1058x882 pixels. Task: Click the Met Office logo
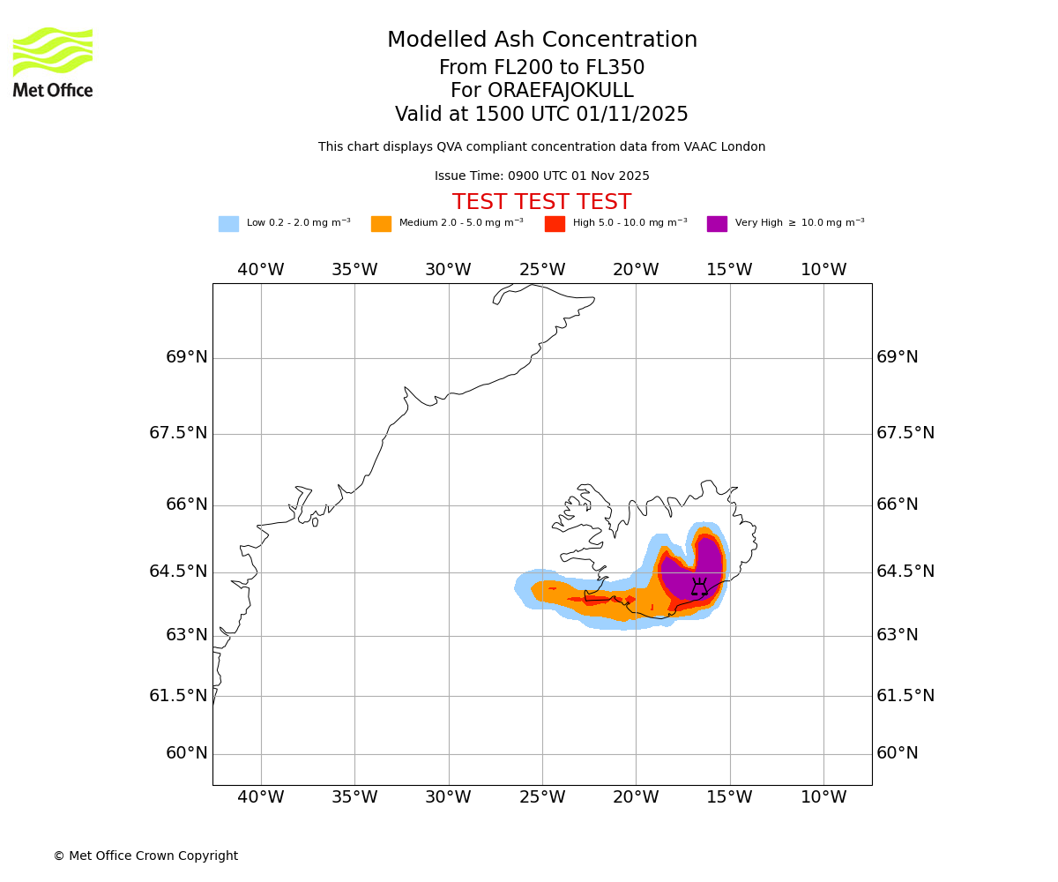pos(53,62)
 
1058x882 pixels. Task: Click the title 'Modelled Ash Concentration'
pos(541,41)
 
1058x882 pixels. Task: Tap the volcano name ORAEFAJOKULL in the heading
pos(541,91)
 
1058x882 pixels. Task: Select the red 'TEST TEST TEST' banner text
pos(541,202)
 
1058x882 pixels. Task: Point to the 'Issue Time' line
pos(541,176)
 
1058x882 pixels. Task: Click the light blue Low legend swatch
pos(228,224)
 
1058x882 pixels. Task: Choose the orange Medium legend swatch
pos(381,224)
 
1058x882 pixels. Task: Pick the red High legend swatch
pos(555,224)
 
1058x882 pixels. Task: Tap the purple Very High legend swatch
pos(717,224)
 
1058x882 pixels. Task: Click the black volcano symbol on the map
pos(699,588)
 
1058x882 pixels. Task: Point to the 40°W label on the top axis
pos(261,270)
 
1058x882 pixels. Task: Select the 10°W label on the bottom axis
pos(823,797)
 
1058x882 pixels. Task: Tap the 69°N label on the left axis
pos(186,357)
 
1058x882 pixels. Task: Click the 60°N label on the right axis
pos(897,753)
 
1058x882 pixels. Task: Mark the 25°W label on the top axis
pos(542,270)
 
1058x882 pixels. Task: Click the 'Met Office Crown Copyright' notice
pos(145,856)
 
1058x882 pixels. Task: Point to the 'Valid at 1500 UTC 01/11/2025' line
pos(541,115)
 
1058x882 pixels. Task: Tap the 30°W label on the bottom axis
pos(448,797)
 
